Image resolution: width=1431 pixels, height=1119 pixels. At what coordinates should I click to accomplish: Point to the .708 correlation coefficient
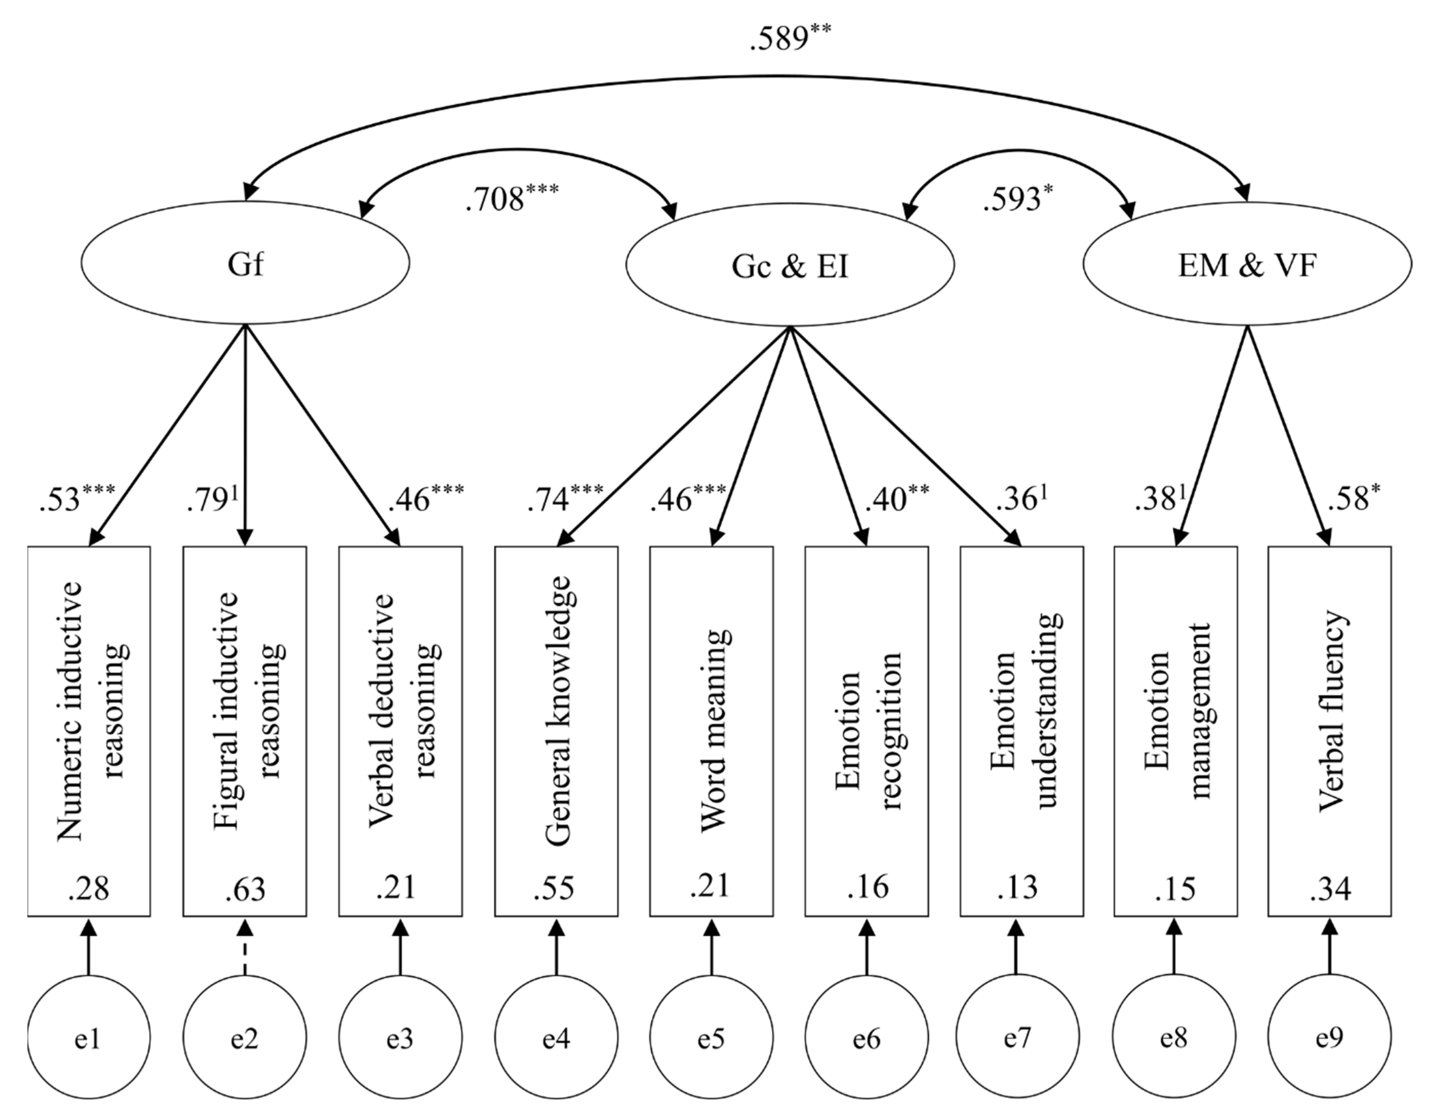point(496,199)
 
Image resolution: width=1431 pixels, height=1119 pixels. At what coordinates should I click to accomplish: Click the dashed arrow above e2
point(245,947)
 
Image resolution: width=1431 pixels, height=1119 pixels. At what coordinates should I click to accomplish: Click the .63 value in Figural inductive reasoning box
point(245,889)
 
